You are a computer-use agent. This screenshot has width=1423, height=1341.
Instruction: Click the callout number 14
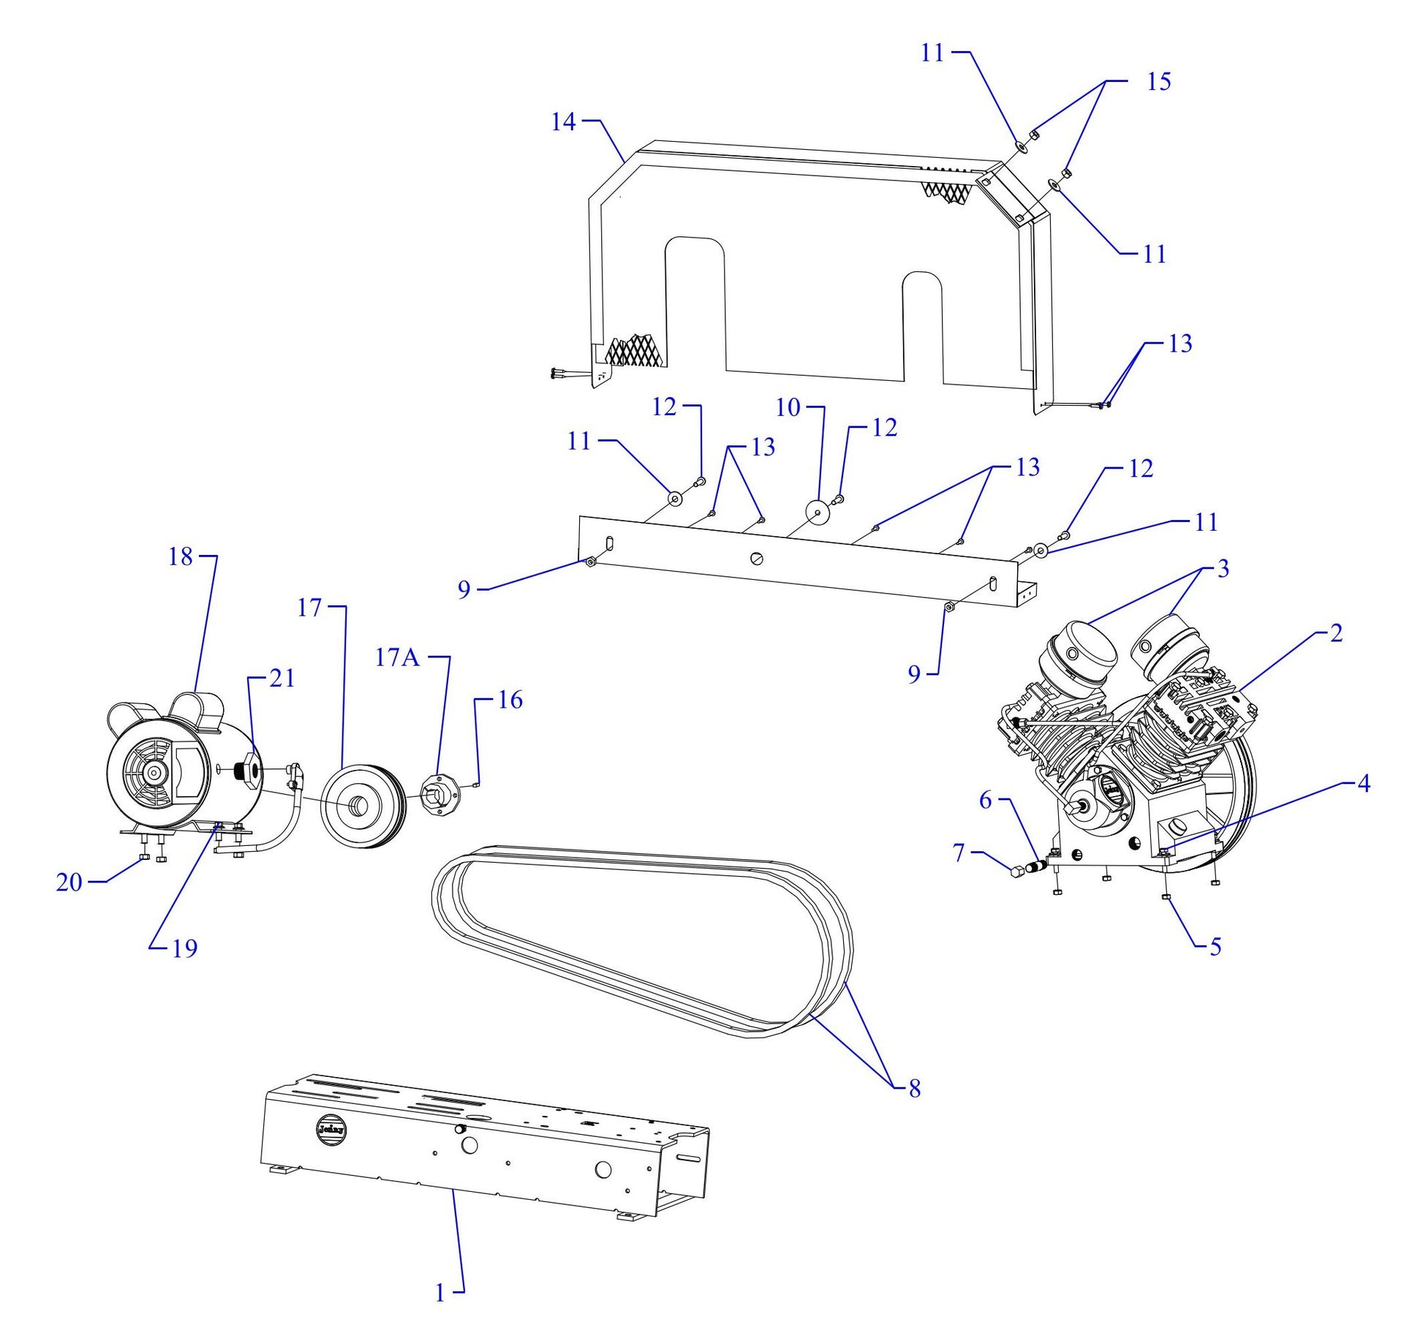pos(563,122)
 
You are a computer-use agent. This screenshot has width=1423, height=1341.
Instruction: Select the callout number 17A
pos(397,658)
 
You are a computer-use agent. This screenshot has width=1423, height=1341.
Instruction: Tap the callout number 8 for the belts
pos(914,1089)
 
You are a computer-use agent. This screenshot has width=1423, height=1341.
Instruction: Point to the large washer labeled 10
pos(818,513)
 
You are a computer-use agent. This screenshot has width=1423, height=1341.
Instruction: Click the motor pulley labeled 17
pos(362,806)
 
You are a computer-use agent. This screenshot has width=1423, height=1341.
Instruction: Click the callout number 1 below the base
pos(440,1293)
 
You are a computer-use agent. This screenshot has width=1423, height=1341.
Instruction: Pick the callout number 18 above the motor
pos(180,557)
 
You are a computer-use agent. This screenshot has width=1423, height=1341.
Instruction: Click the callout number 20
pos(69,883)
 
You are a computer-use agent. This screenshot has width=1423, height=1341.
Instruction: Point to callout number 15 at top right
pos(1158,81)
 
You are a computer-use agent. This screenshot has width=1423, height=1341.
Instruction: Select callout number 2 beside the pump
pos(1336,633)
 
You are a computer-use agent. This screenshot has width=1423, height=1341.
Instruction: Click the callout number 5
pos(1215,947)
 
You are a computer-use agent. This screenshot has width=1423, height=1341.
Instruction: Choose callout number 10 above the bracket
pos(788,407)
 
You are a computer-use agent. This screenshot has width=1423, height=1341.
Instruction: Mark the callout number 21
pos(282,679)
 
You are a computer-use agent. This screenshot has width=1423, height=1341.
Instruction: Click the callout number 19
pos(184,948)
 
